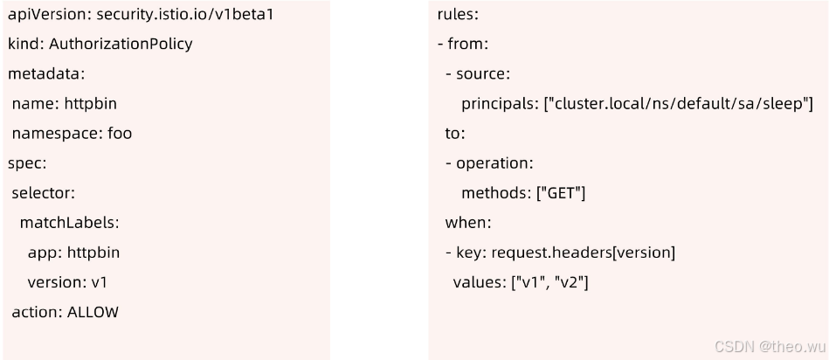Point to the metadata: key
tap(46, 73)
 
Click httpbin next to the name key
tap(90, 103)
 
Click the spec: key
tap(27, 163)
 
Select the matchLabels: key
tap(69, 222)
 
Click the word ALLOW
tap(93, 312)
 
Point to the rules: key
tap(457, 14)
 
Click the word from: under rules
tap(467, 44)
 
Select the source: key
tap(483, 73)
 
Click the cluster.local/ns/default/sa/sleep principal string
tap(678, 104)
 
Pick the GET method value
tap(560, 193)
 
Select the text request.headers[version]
tap(584, 253)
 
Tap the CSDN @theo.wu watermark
tap(768, 346)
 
